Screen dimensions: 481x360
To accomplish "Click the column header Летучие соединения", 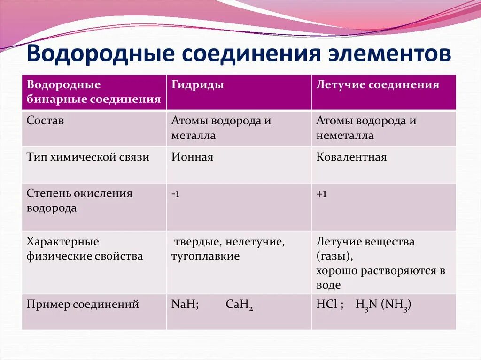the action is tap(378, 84).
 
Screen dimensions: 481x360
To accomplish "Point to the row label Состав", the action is tap(45, 120).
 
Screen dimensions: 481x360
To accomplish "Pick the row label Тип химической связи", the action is tap(88, 157).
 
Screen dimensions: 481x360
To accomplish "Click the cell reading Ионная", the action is tap(192, 157).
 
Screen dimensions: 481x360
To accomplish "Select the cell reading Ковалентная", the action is tap(351, 157).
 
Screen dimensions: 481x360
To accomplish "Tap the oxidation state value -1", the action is tap(176, 194).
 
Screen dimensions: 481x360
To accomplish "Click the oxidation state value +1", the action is tap(321, 194).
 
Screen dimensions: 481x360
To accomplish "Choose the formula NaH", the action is tap(184, 304).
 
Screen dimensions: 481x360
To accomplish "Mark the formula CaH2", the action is tap(239, 305).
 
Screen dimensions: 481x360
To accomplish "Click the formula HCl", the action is tap(327, 304).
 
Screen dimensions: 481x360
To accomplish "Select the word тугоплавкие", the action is tap(206, 256).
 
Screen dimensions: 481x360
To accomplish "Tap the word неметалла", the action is tap(345, 135).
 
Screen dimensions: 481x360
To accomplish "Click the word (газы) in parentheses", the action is tap(334, 256).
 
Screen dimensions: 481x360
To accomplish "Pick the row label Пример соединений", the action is tap(83, 304).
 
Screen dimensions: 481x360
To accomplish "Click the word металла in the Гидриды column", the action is tap(194, 135).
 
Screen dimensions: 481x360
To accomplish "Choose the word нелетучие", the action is tap(255, 242).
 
